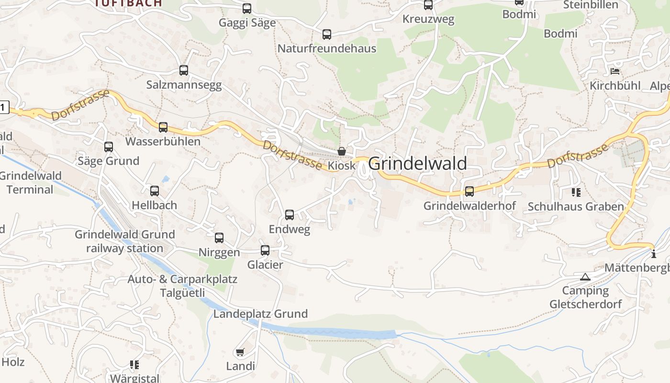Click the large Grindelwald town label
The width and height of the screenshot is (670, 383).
417,164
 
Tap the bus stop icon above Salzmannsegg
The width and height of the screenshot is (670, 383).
184,70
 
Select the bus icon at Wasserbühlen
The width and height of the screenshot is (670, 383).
163,127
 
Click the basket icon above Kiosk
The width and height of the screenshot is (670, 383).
342,151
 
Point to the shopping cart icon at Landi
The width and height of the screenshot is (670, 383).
240,352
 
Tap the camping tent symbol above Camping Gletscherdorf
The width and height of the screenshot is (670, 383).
585,277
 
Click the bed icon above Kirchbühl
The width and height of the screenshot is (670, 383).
615,71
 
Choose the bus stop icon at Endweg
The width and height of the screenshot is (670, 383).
290,214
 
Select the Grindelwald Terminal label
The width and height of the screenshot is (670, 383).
30,182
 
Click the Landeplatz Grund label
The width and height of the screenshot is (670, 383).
260,314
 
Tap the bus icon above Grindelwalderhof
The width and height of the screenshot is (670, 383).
469,191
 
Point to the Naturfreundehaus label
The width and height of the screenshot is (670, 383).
327,48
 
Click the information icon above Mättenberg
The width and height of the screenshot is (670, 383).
654,254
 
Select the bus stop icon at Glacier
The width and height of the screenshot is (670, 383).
265,250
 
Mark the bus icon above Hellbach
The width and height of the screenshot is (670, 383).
155,191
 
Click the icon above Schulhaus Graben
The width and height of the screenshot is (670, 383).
576,192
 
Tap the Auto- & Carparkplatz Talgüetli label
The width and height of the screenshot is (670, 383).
182,286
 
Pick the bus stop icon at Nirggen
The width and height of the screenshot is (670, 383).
219,237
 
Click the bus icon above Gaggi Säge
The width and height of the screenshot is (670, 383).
247,9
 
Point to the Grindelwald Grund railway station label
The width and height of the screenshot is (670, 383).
125,241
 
